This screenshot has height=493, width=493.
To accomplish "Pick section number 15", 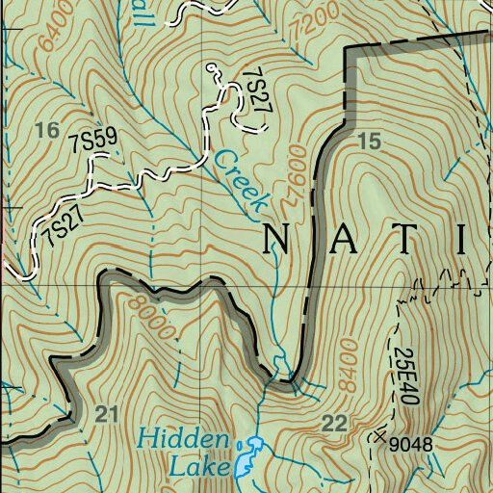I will coord(369,143).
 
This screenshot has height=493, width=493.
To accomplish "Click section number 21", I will coord(107,415).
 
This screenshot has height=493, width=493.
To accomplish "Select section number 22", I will coord(334,423).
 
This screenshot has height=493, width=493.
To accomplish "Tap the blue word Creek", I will coord(240,181).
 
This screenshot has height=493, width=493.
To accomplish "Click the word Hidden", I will coord(183,441).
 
